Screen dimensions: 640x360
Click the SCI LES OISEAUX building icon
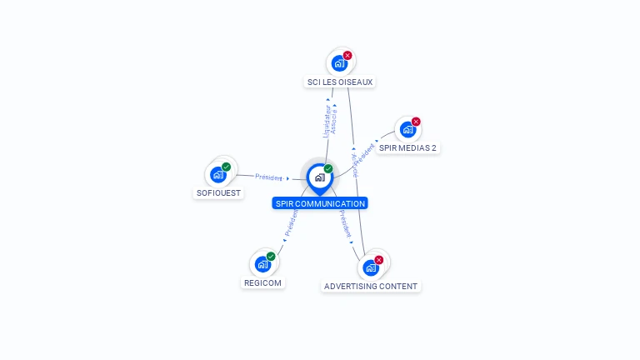[x=339, y=63]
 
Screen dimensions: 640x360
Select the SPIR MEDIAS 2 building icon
[x=407, y=129]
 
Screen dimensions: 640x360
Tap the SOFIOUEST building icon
[x=217, y=174]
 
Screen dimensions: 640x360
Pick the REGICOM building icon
[x=262, y=264]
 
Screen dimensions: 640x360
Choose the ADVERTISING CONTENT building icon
[x=371, y=267]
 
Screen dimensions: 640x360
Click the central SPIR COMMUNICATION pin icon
[x=319, y=177]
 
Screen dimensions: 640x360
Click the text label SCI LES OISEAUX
[x=340, y=82]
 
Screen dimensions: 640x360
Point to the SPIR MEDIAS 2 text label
[x=407, y=148]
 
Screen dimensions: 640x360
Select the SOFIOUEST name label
[x=218, y=193]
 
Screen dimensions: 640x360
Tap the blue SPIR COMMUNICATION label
[x=320, y=203]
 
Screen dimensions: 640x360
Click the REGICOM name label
[x=263, y=282]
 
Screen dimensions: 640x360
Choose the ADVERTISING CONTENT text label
[x=371, y=287]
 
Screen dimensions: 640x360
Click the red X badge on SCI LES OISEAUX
[x=347, y=55]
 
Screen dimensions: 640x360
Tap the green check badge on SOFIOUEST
[x=227, y=167]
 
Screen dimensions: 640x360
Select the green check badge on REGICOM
[x=271, y=256]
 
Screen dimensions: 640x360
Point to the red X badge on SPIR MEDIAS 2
[x=416, y=122]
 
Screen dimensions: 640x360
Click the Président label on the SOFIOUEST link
[x=269, y=177]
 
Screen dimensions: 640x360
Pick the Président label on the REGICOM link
[x=292, y=224]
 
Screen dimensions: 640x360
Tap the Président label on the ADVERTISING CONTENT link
[x=346, y=224]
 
